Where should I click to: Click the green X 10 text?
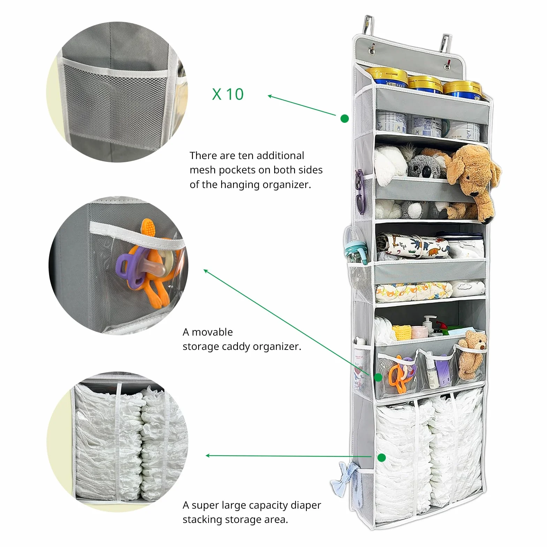click(228, 94)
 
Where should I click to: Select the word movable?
click(212, 332)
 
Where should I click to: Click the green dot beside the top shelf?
click(345, 119)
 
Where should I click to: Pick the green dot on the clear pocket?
click(378, 377)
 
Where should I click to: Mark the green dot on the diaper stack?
click(382, 458)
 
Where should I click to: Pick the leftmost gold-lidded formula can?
click(386, 78)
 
